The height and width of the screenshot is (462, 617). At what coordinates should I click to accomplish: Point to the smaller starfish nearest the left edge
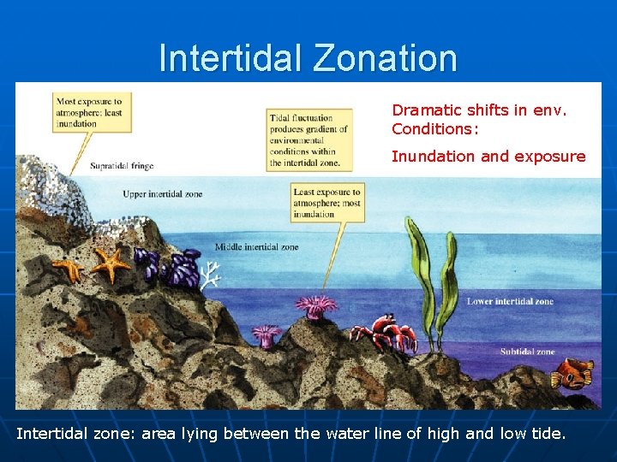[68, 269]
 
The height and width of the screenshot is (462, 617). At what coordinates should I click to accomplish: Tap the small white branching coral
[210, 274]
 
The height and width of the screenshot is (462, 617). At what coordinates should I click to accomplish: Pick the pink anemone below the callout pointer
[316, 305]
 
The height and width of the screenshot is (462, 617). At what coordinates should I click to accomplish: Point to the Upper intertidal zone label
[163, 194]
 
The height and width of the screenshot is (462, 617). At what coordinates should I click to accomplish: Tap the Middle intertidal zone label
[256, 247]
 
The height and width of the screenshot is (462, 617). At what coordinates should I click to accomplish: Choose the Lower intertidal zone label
[510, 301]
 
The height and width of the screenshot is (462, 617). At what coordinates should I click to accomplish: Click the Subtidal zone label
[527, 352]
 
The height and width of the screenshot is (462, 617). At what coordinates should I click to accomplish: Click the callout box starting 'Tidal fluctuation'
[308, 139]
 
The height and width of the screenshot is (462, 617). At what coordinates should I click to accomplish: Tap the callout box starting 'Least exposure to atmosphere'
[326, 203]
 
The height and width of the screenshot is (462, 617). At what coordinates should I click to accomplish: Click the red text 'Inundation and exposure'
[488, 157]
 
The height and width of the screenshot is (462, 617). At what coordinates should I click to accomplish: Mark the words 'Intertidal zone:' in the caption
[76, 434]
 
